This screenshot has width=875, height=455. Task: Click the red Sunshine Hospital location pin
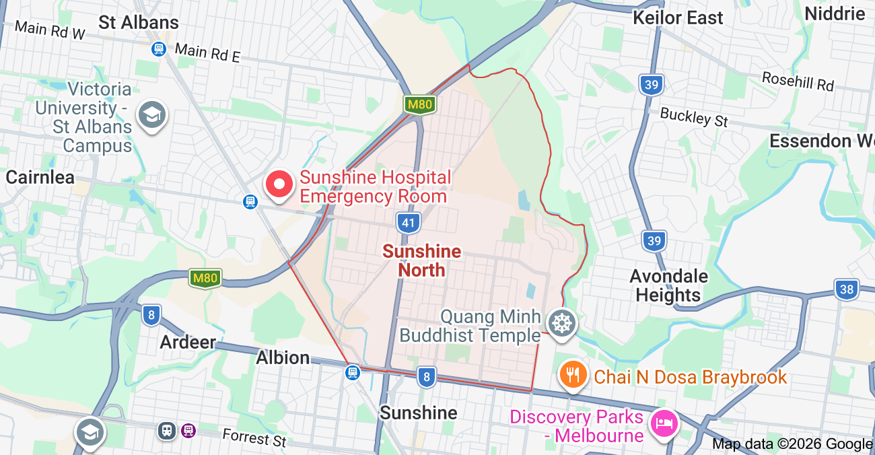point(279,184)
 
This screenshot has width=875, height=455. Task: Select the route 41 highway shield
point(408,223)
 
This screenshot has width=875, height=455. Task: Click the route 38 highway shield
point(846,290)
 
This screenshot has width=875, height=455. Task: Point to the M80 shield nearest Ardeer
point(205,278)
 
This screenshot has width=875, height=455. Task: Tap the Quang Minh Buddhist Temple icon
point(560,323)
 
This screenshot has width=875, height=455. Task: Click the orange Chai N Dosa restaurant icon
point(572,374)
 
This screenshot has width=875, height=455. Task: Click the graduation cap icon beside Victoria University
point(151,116)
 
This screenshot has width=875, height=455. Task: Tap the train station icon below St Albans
point(158,49)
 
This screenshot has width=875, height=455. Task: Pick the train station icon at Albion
point(353,372)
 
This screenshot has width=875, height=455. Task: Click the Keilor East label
point(677,17)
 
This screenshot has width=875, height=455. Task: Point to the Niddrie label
point(835,13)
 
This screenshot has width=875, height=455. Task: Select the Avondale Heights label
point(668,285)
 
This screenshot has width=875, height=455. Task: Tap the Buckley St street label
point(694,117)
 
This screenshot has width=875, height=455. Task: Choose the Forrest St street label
point(254,438)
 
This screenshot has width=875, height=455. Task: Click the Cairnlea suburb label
point(40,177)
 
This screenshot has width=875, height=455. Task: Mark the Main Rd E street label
point(207,53)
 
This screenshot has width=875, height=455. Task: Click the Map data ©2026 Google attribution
point(792,444)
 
